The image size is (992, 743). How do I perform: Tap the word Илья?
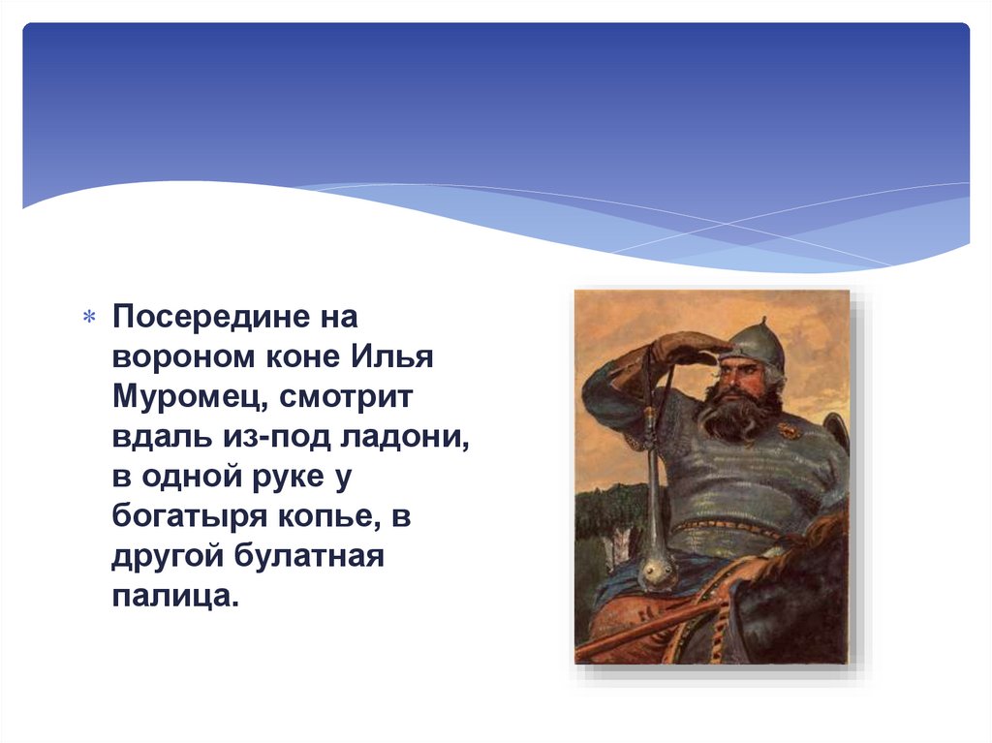coord(392,356)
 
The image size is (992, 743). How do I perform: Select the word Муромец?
coord(190,398)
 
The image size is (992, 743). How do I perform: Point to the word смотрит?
coord(346,398)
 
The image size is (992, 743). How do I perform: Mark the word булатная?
coord(309,556)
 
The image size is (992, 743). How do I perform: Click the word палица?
coord(175,596)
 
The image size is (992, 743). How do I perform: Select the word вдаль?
coord(162,437)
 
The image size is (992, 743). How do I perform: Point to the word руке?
coord(288,478)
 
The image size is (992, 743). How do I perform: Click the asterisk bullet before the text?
coord(89,316)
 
